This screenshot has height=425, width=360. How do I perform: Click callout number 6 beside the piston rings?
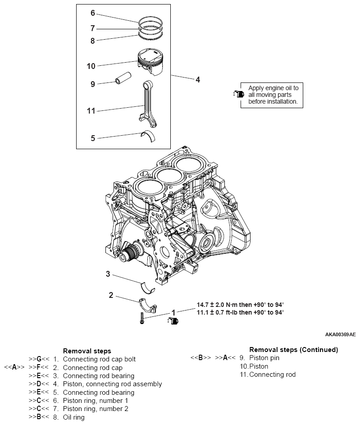click(93, 13)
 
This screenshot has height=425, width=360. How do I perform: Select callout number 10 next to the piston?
click(91, 66)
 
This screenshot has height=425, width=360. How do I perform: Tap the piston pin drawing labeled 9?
click(122, 79)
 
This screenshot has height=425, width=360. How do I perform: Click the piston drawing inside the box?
click(151, 62)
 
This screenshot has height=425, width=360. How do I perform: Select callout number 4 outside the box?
click(197, 80)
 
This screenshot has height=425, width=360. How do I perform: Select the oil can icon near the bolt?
click(173, 320)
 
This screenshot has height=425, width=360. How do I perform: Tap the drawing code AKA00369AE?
click(340, 335)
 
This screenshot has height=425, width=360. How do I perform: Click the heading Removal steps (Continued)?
click(293, 349)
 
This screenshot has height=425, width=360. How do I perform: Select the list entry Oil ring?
click(73, 417)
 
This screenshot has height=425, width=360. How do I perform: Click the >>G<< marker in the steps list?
click(39, 359)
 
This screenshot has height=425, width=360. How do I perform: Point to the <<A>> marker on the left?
click(14, 367)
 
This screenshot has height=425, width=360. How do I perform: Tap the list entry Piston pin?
click(263, 358)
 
